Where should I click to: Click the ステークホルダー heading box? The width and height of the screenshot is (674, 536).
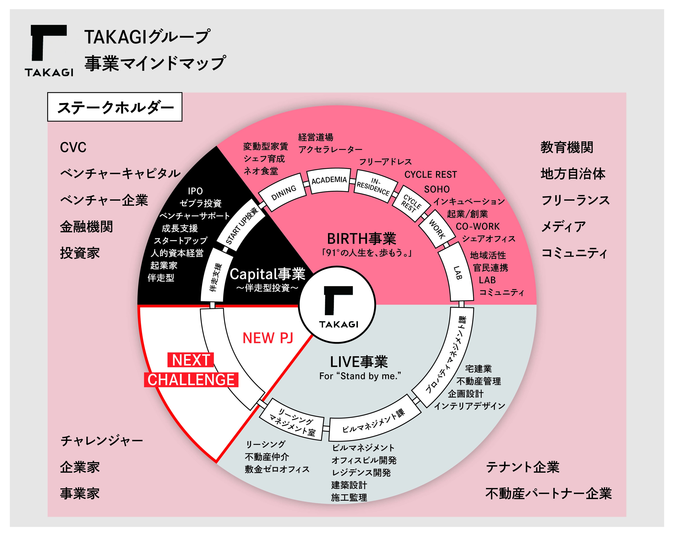[115, 107]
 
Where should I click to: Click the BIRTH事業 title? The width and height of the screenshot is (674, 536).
[361, 239]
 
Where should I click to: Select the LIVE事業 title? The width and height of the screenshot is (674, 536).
[359, 362]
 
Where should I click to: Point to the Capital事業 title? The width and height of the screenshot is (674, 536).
[267, 274]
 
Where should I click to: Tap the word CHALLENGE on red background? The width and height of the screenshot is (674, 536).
[191, 380]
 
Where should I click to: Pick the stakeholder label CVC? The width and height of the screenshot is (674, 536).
[73, 147]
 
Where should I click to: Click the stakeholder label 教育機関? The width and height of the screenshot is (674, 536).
[567, 147]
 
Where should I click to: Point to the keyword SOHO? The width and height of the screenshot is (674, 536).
[437, 189]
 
